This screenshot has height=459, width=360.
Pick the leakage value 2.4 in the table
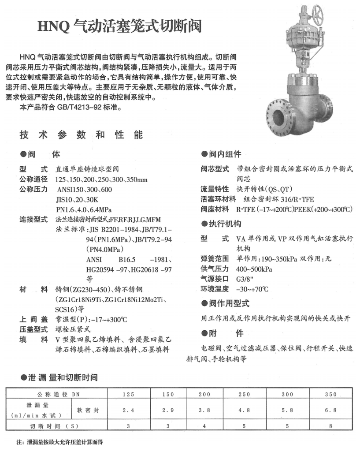(x=128, y=410)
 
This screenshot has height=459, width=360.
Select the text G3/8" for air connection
(x=239, y=279)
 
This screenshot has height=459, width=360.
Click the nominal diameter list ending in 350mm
(x=101, y=180)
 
